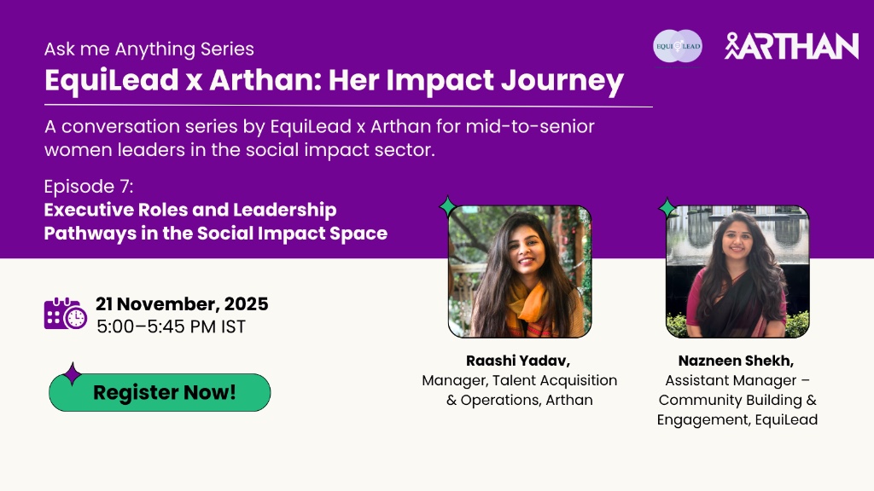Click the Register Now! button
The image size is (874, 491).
point(160,392)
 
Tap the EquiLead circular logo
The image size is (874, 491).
point(677,46)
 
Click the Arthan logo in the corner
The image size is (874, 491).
point(791,46)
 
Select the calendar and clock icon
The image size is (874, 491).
point(65,314)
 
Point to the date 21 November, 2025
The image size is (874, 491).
point(182,304)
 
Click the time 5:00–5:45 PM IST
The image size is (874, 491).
point(171,326)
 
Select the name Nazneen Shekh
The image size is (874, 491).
point(736,361)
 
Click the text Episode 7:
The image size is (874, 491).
point(89,186)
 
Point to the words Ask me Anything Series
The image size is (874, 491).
point(149,49)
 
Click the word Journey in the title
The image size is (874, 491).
point(562,81)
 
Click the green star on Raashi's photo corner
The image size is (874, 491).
point(447,206)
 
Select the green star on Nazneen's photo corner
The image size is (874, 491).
point(667,208)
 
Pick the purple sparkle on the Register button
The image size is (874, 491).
point(72,373)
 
